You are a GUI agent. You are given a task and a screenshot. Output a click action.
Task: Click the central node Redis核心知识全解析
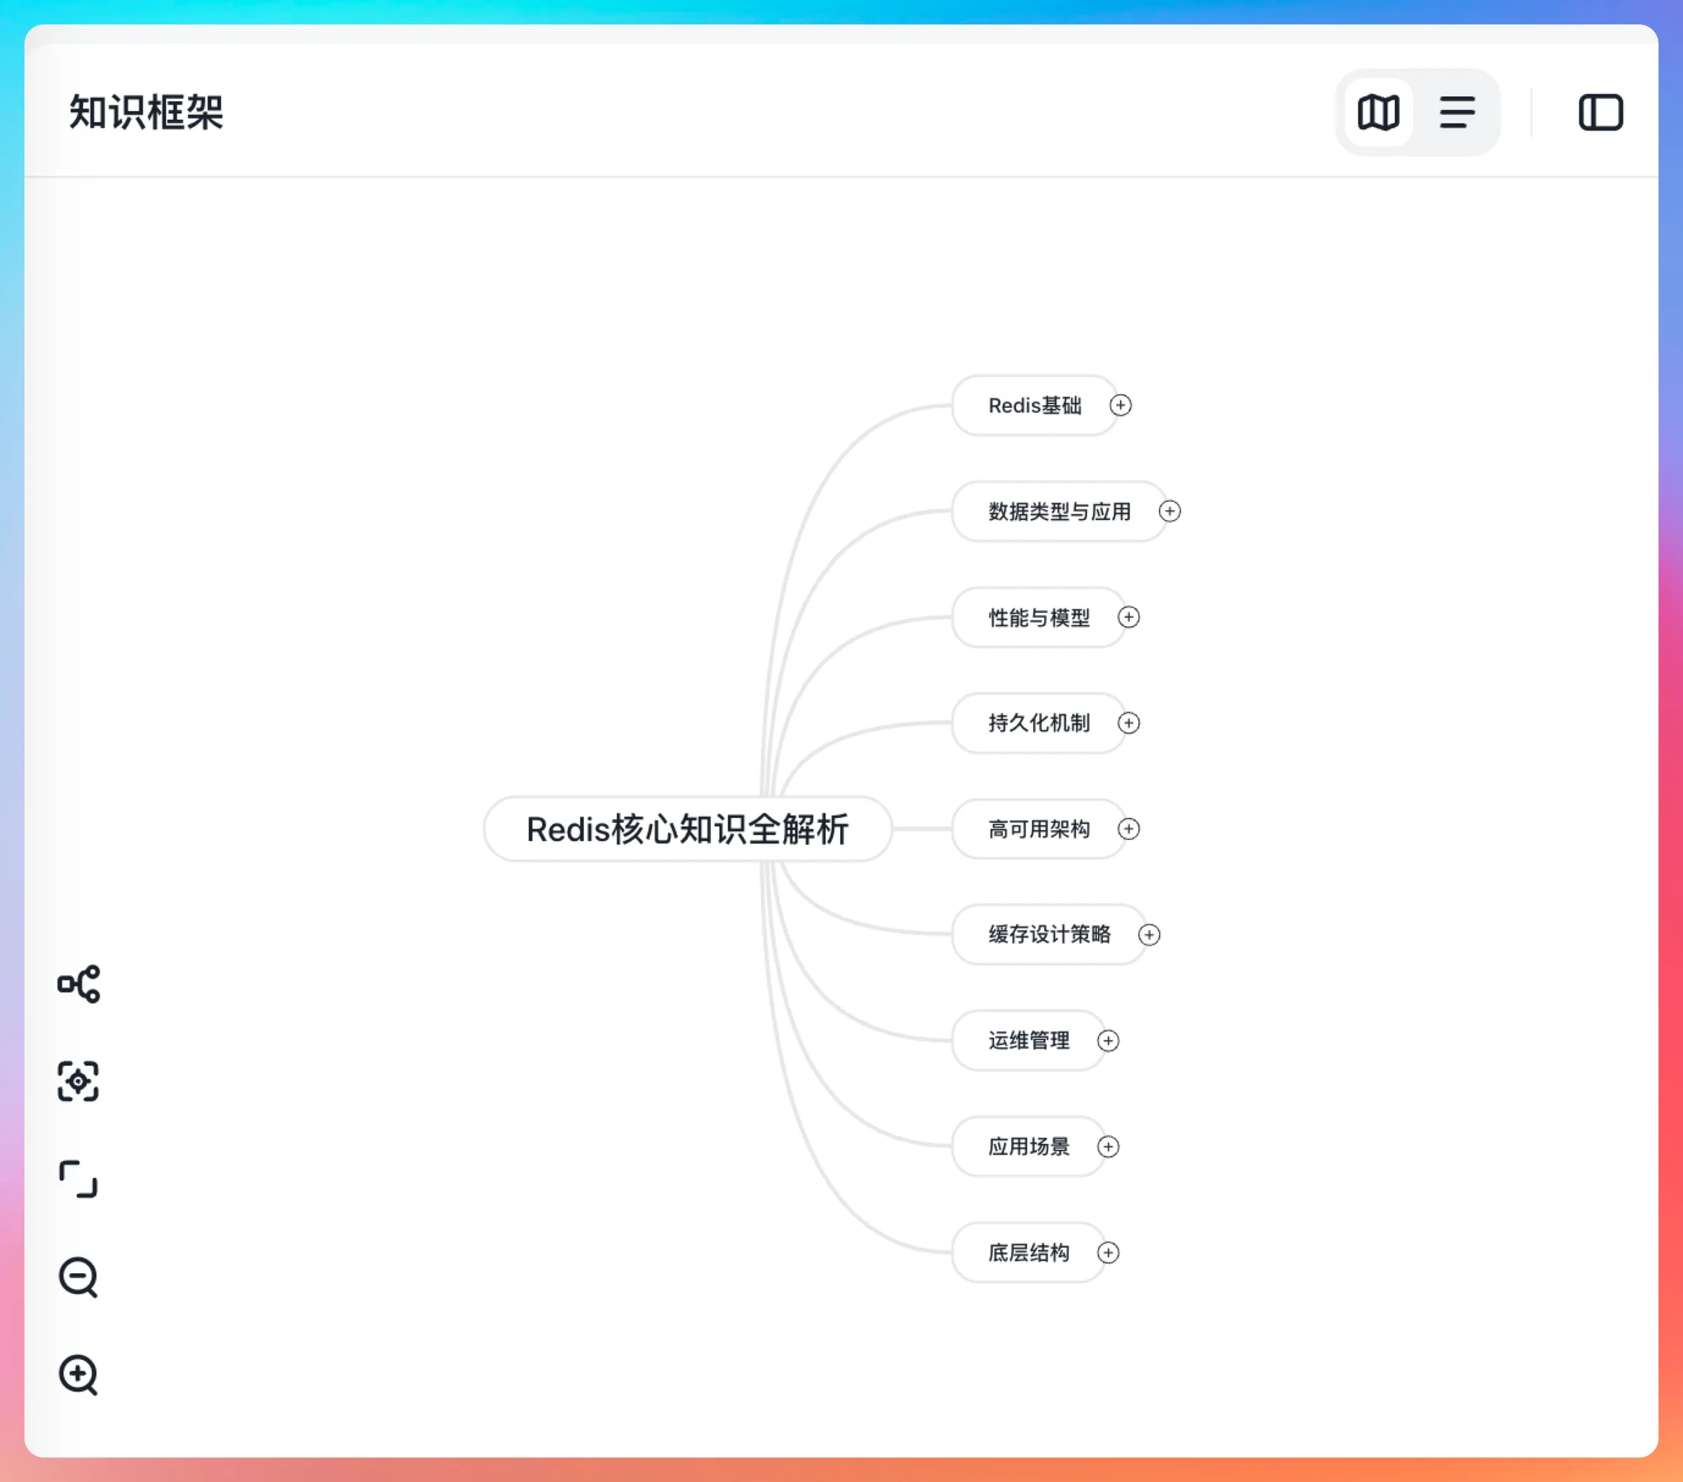pyautogui.click(x=687, y=829)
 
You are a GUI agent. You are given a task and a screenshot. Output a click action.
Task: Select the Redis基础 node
pyautogui.click(x=1034, y=406)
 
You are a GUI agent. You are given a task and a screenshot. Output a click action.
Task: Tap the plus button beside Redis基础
pyautogui.click(x=1121, y=406)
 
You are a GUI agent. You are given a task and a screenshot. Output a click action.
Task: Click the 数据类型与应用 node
pyautogui.click(x=1059, y=511)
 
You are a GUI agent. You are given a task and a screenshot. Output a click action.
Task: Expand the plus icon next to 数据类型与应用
pyautogui.click(x=1170, y=511)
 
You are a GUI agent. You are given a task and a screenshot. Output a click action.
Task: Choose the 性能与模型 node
pyautogui.click(x=1039, y=618)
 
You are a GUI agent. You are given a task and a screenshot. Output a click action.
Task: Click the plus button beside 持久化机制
pyautogui.click(x=1129, y=723)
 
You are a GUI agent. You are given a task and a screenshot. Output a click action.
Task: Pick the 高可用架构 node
pyautogui.click(x=1039, y=829)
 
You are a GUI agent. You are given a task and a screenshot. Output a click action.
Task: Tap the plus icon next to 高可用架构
pyautogui.click(x=1129, y=829)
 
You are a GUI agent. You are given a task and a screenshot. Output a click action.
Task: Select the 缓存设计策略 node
pyautogui.click(x=1049, y=934)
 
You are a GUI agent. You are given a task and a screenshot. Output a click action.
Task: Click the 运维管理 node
pyautogui.click(x=1029, y=1040)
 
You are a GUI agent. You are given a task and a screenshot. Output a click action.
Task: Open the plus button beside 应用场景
pyautogui.click(x=1108, y=1147)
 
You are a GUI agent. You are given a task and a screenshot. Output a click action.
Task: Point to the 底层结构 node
pyautogui.click(x=1029, y=1252)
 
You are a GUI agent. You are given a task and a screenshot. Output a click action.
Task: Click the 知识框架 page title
pyautogui.click(x=147, y=112)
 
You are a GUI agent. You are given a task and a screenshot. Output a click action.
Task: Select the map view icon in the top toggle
pyautogui.click(x=1379, y=112)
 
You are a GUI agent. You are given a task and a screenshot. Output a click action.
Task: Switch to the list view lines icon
pyautogui.click(x=1457, y=112)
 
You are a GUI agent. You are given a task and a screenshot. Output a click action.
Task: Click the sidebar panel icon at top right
pyautogui.click(x=1601, y=112)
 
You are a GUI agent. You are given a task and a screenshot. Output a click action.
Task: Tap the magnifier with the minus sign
pyautogui.click(x=79, y=1277)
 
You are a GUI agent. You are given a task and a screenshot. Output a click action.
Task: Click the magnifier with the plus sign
pyautogui.click(x=79, y=1374)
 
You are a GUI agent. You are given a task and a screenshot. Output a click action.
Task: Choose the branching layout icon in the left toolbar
pyautogui.click(x=79, y=984)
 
